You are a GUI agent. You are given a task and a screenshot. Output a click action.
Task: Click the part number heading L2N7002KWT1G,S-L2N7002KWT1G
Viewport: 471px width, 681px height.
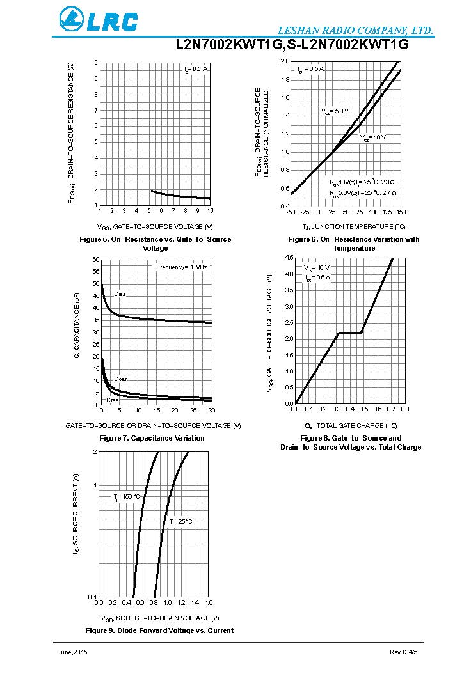click(x=292, y=45)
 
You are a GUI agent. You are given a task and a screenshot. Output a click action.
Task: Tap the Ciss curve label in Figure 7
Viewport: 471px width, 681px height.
click(x=120, y=294)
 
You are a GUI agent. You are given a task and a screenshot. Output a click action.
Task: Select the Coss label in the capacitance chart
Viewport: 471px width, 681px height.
click(x=120, y=379)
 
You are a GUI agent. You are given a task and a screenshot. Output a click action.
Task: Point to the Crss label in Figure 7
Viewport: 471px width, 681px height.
click(x=112, y=400)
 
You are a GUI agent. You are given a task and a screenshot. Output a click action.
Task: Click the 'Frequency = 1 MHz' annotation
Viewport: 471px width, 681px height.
click(x=182, y=266)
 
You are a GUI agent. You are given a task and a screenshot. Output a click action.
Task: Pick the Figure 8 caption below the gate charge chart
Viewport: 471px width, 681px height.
click(x=351, y=442)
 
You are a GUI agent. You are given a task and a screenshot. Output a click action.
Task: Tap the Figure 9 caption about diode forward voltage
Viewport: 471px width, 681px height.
click(x=159, y=630)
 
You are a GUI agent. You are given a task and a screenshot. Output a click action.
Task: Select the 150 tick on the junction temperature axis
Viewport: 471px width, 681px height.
click(x=401, y=212)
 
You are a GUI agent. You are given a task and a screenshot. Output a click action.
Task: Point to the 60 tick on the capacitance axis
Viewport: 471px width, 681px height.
click(x=96, y=260)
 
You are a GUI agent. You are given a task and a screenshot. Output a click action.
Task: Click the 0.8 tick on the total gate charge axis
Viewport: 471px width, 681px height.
click(x=404, y=409)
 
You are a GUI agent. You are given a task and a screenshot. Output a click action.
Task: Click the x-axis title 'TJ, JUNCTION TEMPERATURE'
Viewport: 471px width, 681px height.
click(x=354, y=227)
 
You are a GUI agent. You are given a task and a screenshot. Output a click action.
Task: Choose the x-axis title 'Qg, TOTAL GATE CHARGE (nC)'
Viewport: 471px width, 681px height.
click(x=351, y=425)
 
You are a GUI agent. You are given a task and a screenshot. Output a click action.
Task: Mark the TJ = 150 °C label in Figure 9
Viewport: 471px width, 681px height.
click(x=127, y=496)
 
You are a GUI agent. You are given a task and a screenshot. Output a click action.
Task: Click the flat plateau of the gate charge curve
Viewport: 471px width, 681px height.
click(x=350, y=333)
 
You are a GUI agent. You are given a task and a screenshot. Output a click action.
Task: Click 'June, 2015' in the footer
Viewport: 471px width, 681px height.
click(x=72, y=652)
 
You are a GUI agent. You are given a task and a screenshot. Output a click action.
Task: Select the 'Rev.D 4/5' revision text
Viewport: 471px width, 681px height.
click(x=404, y=652)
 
